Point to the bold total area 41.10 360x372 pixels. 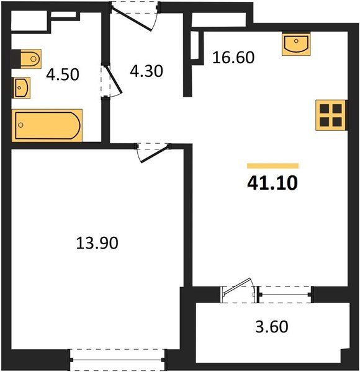tap(272, 184)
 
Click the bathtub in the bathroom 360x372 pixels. tap(47, 125)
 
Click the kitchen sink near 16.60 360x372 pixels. tap(295, 45)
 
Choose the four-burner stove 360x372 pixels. tap(330, 115)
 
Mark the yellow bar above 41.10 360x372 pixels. tap(272, 166)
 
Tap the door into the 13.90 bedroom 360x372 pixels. tap(152, 153)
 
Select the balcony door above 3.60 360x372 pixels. tap(238, 289)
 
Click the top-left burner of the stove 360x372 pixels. tap(323, 109)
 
